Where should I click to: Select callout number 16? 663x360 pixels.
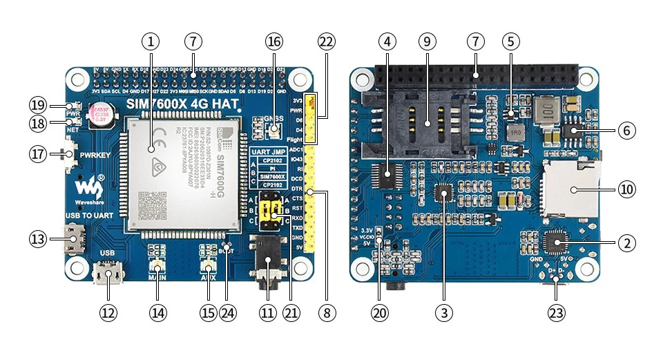tap(274, 41)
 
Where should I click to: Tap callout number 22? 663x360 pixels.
tap(326, 41)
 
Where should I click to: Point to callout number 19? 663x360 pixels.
tap(37, 105)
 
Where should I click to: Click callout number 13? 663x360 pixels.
tap(37, 239)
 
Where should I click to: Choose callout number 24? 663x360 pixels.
tap(228, 312)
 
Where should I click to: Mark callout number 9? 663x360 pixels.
tap(426, 41)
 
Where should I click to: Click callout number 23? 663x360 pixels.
tap(556, 312)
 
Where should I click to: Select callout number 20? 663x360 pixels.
tap(379, 312)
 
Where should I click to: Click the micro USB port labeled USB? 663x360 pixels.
tap(108, 276)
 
